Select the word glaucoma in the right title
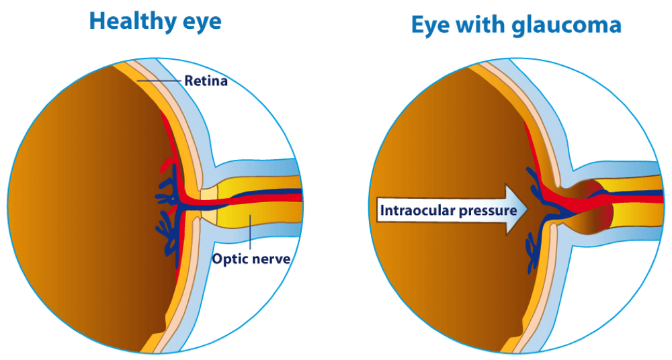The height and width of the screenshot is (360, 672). point(566,26)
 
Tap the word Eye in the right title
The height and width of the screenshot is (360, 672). point(431,26)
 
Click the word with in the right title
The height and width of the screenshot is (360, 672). point(481,24)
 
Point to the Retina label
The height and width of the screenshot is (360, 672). point(206,81)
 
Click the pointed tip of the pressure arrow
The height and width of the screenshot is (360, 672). point(528,210)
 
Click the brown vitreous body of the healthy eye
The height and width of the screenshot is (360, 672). point(86,201)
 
